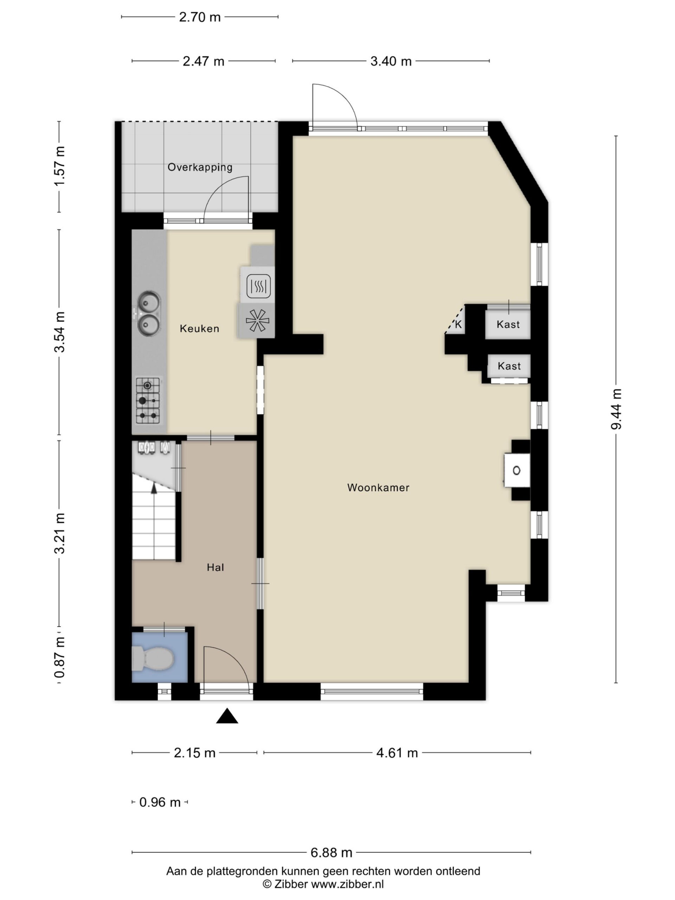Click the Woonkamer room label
(378, 487)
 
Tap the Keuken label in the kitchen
(199, 328)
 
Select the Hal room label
(215, 567)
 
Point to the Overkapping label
(200, 167)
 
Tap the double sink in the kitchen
(148, 314)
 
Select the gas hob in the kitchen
(148, 401)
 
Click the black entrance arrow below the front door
(227, 716)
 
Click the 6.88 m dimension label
(331, 853)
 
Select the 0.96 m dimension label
(160, 802)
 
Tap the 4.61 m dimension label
(397, 753)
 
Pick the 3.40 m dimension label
(391, 61)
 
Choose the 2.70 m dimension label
(200, 17)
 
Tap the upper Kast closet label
(508, 324)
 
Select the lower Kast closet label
(509, 366)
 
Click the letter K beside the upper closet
(458, 324)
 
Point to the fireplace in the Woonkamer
(517, 470)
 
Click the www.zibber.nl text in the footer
(347, 884)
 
